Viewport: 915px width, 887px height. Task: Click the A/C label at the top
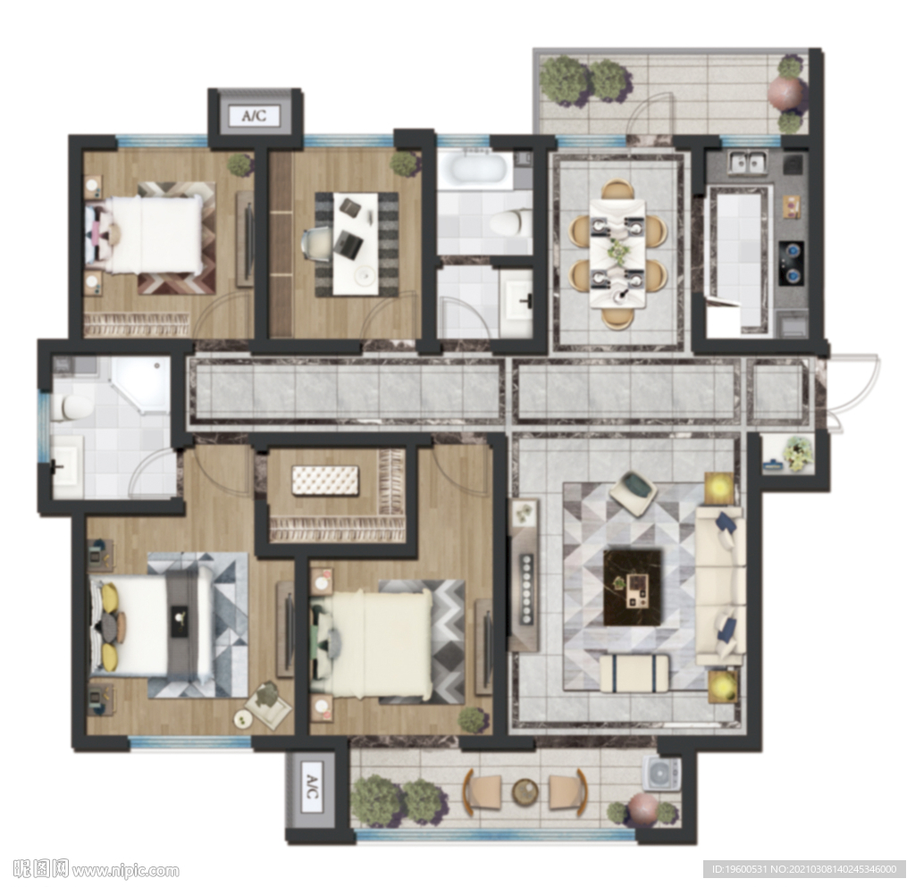pyautogui.click(x=255, y=115)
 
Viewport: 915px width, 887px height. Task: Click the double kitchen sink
pyautogui.click(x=747, y=162)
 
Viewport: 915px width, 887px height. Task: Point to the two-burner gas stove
pyautogui.click(x=792, y=264)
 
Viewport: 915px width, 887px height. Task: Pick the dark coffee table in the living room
pyautogui.click(x=634, y=587)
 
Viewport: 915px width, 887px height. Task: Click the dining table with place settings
pyautogui.click(x=618, y=253)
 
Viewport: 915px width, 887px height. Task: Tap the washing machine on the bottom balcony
pyautogui.click(x=662, y=774)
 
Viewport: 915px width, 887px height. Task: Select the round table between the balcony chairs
pyautogui.click(x=525, y=792)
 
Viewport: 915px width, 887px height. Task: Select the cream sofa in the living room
pyautogui.click(x=720, y=586)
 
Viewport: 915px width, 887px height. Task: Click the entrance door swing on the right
pyautogui.click(x=855, y=394)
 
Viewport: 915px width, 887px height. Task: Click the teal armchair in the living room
pyautogui.click(x=634, y=493)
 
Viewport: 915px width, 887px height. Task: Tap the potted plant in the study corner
pyautogui.click(x=404, y=163)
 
